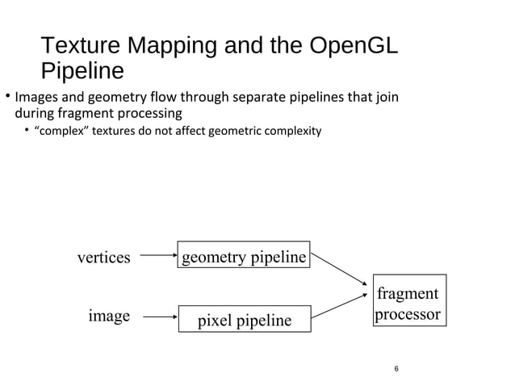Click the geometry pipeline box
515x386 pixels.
(244, 257)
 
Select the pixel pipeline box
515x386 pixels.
(244, 320)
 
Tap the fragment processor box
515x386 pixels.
(408, 303)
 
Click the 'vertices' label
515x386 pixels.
(103, 258)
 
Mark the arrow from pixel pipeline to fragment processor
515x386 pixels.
(339, 305)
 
